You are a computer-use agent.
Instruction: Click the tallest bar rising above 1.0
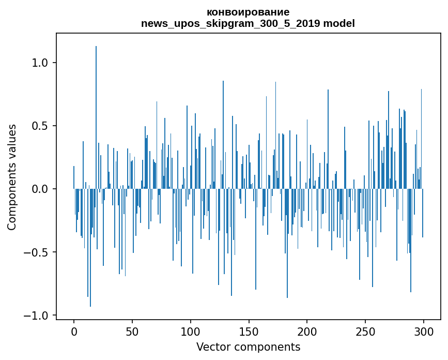click(x=96, y=117)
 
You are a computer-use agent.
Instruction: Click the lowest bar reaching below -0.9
click(x=90, y=248)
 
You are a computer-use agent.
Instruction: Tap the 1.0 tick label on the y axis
click(x=40, y=63)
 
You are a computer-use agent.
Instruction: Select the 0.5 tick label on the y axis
click(x=40, y=126)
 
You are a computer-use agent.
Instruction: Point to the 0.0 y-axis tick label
click(x=40, y=189)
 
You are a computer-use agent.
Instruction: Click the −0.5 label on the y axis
click(x=36, y=252)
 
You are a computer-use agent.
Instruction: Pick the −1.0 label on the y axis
click(x=36, y=316)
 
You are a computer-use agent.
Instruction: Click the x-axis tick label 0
click(x=74, y=332)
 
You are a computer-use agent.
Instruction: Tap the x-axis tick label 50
click(x=132, y=332)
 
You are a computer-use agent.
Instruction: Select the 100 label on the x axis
click(x=190, y=332)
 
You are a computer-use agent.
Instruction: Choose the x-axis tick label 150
click(x=249, y=332)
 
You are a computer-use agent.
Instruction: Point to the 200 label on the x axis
click(x=307, y=332)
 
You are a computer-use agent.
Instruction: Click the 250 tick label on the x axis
click(x=365, y=332)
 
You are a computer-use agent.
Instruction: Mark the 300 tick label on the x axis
click(x=423, y=332)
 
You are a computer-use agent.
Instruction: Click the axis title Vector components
click(x=248, y=347)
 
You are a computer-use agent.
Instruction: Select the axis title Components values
click(x=12, y=177)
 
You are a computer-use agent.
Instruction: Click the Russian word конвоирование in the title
click(x=248, y=12)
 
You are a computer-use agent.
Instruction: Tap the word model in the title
click(x=339, y=23)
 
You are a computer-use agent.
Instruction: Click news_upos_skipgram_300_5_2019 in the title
click(x=230, y=23)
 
